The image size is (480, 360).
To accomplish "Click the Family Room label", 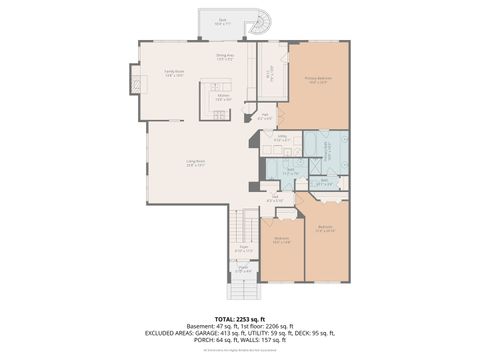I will click(x=174, y=73).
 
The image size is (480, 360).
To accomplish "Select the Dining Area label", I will click(x=225, y=58).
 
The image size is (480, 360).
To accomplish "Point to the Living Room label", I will click(x=195, y=164).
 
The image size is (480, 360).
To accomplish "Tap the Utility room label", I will click(x=283, y=138).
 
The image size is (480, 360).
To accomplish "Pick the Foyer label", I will click(x=243, y=250).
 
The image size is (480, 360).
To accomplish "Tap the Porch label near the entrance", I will click(x=243, y=268).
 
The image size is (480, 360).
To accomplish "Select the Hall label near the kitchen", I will click(x=264, y=117).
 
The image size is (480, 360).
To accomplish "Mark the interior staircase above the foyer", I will click(x=244, y=226).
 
